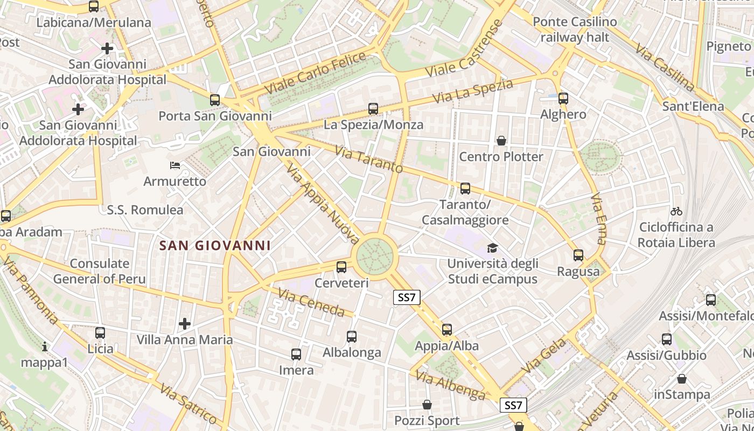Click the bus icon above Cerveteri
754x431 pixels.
(x=341, y=267)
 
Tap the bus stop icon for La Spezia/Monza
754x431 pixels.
(x=373, y=109)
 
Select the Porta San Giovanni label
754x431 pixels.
(x=215, y=116)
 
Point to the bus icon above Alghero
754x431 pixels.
(x=563, y=99)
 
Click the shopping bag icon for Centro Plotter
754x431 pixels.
(x=501, y=141)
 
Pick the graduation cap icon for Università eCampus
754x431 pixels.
(x=492, y=248)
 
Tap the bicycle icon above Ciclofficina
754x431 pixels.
(x=676, y=211)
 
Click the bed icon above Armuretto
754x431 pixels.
(x=175, y=165)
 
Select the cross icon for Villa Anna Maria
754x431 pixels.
(x=185, y=324)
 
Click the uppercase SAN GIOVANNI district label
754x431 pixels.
(x=215, y=246)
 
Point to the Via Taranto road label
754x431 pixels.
(x=368, y=159)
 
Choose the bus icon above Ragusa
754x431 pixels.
(x=578, y=255)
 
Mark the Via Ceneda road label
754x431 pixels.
(x=311, y=303)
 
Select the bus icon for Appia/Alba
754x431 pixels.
(x=447, y=330)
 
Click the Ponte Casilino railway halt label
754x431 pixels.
(x=575, y=30)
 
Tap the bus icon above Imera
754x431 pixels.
(x=296, y=354)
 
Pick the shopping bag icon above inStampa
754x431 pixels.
(x=682, y=379)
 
